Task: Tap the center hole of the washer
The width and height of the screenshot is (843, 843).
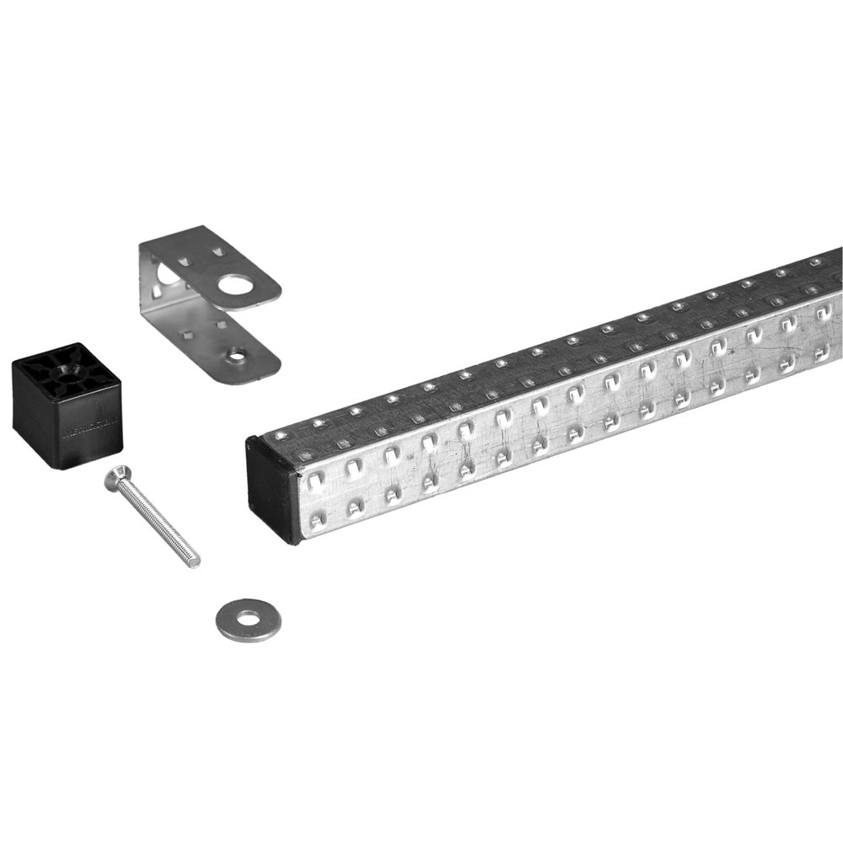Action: pyautogui.click(x=248, y=620)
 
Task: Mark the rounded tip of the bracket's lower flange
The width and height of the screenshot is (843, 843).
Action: pyautogui.click(x=271, y=365)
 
